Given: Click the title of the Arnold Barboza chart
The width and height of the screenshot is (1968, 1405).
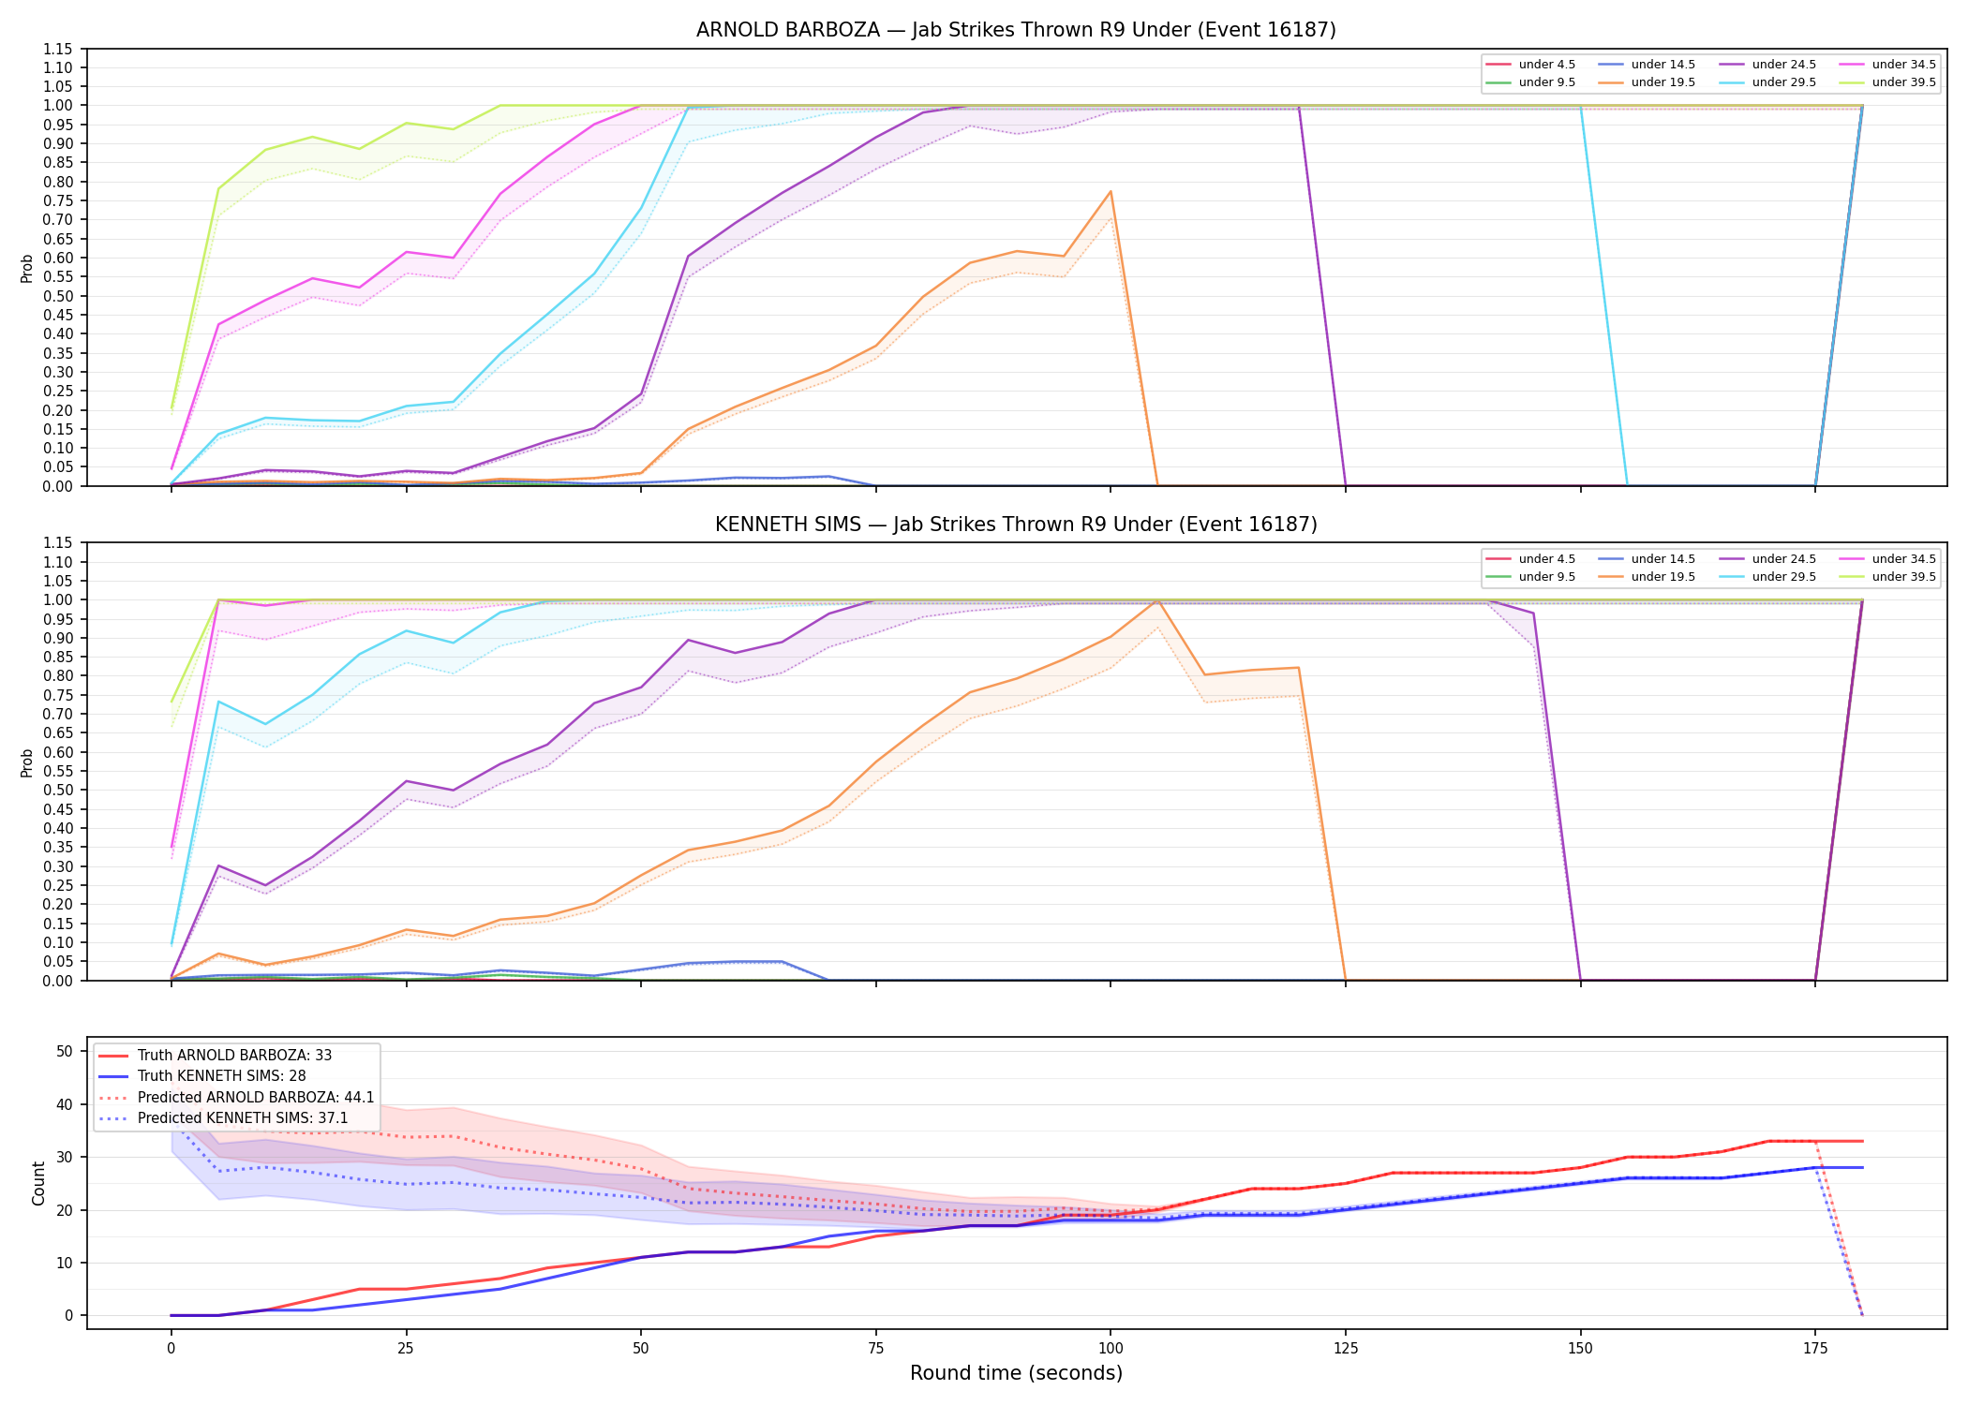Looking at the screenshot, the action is tap(1016, 30).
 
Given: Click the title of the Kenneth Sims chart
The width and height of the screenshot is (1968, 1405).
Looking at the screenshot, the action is tap(1016, 525).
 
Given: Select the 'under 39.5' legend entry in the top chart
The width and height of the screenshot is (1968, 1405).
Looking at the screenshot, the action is tap(1888, 82).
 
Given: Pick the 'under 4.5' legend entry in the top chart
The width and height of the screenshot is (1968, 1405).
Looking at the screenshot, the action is tap(1531, 65).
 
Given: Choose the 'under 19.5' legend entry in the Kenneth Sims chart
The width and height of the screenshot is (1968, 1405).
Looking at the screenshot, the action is tap(1647, 577).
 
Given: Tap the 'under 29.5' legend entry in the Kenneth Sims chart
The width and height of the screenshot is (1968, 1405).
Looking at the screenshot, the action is tap(1767, 577).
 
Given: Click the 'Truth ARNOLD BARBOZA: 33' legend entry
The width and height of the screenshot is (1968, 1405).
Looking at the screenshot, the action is tap(214, 1056).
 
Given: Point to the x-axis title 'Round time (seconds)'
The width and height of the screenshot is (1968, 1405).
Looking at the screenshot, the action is tap(1016, 1373).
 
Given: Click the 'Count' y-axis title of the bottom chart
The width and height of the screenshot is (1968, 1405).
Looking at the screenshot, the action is tap(38, 1183).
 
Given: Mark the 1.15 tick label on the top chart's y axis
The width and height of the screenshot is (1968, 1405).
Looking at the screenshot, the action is tap(58, 49).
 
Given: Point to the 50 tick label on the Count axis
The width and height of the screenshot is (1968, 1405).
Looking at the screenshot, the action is tap(65, 1051).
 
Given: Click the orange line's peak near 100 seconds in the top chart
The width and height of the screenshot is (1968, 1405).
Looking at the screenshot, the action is tap(1111, 192).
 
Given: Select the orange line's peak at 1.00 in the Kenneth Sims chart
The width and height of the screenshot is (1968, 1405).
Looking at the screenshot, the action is tap(1157, 600).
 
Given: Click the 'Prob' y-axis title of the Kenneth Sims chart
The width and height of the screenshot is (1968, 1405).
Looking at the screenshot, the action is tap(27, 762).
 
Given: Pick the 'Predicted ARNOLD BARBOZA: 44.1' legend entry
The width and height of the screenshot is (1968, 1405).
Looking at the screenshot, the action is tap(234, 1098).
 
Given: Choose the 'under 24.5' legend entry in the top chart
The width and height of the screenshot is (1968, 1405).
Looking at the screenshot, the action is tap(1767, 65).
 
